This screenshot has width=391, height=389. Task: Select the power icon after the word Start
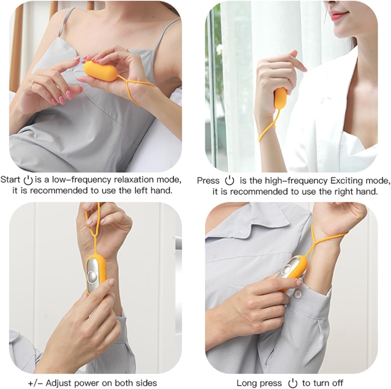pos(28,180)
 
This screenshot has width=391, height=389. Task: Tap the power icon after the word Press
pos(229,180)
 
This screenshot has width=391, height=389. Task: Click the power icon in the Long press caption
pos(293,383)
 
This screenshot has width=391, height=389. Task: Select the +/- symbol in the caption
pos(35,383)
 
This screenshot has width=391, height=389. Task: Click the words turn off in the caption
pos(322,383)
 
